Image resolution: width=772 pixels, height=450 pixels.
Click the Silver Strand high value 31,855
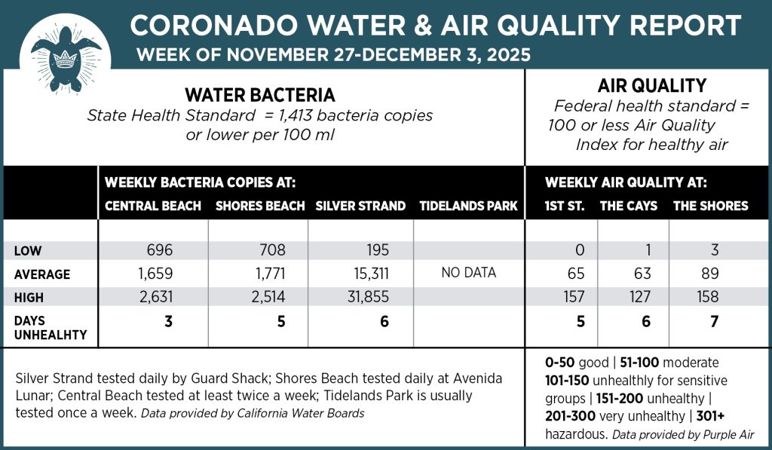[365, 298]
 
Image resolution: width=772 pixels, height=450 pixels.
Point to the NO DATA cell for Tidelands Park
[468, 273]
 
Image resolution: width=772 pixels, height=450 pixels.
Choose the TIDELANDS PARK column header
[468, 206]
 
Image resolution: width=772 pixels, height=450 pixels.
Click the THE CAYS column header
[628, 206]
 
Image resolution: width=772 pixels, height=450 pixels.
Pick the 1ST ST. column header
[565, 206]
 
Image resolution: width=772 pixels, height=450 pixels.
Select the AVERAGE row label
[42, 274]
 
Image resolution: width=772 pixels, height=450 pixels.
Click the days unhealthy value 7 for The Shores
[714, 321]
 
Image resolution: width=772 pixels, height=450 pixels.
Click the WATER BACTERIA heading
[260, 96]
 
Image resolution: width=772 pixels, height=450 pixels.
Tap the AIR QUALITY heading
[651, 86]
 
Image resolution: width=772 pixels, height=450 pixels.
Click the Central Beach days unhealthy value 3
[169, 321]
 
